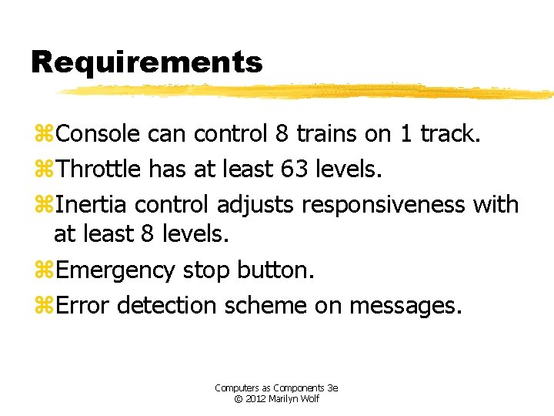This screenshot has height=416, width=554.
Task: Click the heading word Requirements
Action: coord(146,62)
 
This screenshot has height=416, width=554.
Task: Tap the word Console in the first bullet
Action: coord(98,134)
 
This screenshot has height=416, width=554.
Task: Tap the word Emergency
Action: coord(115,271)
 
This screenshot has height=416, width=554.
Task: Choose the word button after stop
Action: coord(275,270)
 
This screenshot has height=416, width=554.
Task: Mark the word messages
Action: coord(405,306)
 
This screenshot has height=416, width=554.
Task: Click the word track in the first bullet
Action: coord(449,134)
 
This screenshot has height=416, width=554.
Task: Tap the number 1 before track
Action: coord(405,134)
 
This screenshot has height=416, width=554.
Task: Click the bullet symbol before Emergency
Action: coord(45,271)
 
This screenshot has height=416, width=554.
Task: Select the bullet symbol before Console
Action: coord(45,135)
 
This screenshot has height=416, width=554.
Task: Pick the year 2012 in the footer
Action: coord(256,399)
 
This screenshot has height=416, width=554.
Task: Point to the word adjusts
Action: coord(256,205)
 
